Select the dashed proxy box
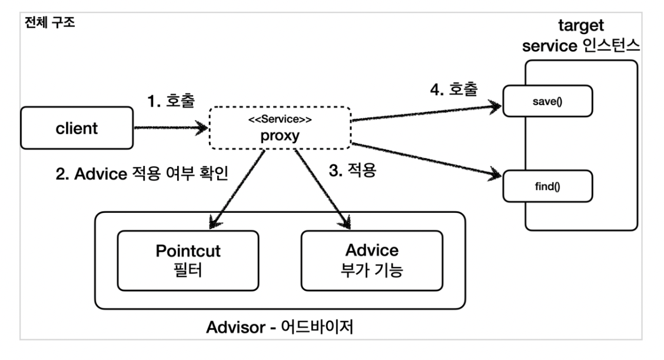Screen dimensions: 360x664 (x=280, y=128)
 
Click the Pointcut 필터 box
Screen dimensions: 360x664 (x=188, y=259)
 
